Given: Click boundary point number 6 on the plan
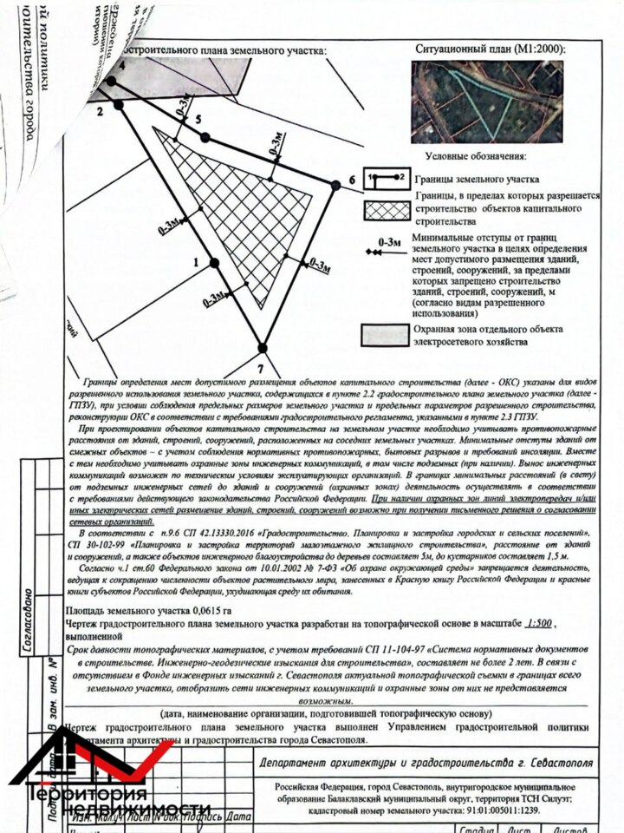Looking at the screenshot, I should tap(336, 182).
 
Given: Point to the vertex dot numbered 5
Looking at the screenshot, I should tap(205, 137).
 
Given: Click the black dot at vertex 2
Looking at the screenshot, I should tap(119, 104).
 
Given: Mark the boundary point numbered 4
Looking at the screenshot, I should tap(111, 82).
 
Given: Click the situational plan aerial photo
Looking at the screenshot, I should tap(487, 102).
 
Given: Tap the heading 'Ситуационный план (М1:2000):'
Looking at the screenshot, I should tap(491, 49).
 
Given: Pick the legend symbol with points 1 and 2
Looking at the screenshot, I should tap(387, 178).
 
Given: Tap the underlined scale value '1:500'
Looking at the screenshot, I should tap(539, 624).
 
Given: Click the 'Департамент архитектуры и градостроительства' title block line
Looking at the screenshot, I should tap(426, 763).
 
